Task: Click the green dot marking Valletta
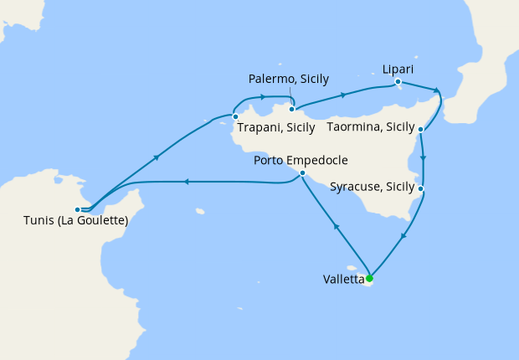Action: coord(369,279)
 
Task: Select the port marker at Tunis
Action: coord(77,209)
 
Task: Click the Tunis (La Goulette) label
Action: coord(75,222)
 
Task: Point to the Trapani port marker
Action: coord(235,116)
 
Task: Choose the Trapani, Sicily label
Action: coord(276,128)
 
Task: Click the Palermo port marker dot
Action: coord(291,109)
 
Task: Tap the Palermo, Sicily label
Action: coord(290,79)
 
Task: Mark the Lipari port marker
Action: coord(398,82)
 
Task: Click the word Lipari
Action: coord(398,68)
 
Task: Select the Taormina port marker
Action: coord(419,130)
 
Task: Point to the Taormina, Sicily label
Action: coord(371,127)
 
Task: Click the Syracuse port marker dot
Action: coord(420,189)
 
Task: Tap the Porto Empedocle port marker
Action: coord(301,173)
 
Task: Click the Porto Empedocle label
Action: coord(301,161)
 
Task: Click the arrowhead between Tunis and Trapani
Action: coord(157,157)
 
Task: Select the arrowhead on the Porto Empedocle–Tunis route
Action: coord(185,182)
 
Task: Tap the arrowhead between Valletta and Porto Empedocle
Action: coord(336,227)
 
